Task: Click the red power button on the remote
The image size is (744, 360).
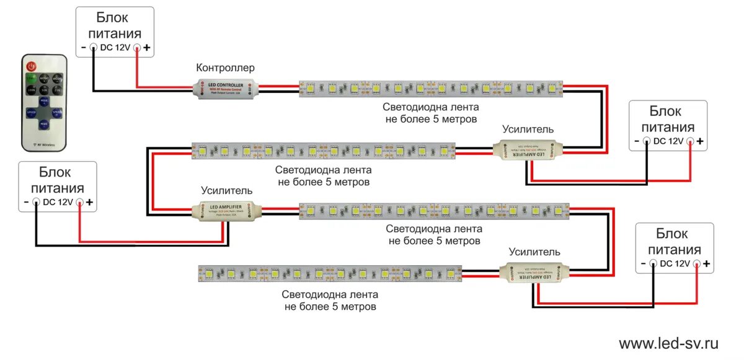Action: tap(31, 66)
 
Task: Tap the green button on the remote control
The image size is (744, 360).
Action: tap(30, 78)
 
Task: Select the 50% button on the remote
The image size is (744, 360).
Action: tap(44, 90)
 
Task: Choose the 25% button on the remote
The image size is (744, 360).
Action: tap(57, 90)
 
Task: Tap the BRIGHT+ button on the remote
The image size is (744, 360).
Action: tap(44, 79)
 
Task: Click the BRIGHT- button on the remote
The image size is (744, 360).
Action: tap(57, 79)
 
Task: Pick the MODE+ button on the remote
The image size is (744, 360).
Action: tap(44, 102)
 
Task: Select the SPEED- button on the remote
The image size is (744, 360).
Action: tap(31, 113)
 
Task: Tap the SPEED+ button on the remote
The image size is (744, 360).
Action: tap(57, 112)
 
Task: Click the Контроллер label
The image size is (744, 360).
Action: tap(225, 68)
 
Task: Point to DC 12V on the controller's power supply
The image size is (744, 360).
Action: tap(115, 47)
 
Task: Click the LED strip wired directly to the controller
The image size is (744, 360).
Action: tap(431, 89)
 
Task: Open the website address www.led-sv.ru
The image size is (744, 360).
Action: tap(668, 343)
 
